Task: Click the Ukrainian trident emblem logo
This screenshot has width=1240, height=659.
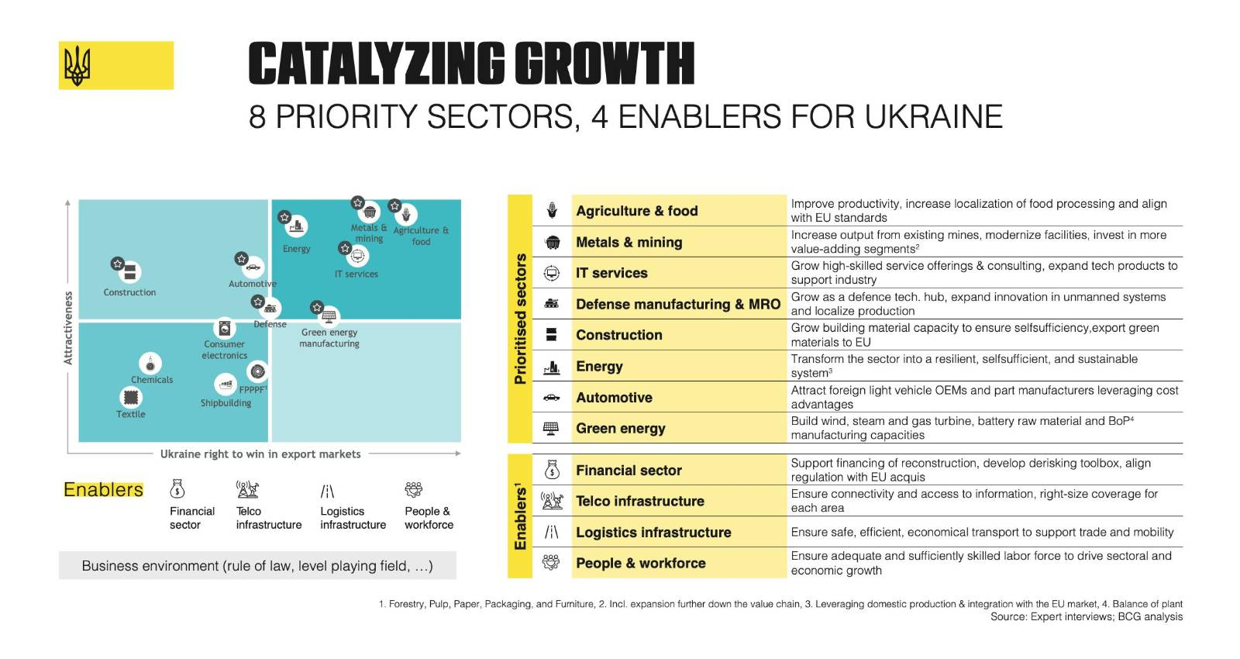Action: point(77,65)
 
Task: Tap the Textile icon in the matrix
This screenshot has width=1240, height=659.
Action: point(131,397)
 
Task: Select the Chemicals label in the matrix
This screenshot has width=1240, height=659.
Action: point(152,380)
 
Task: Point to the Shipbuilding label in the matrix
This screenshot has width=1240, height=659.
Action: point(226,403)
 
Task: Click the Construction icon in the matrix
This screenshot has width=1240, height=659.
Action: point(129,271)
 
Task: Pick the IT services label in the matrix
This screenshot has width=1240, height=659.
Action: point(356,274)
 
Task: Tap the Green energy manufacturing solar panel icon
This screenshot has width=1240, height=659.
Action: point(329,316)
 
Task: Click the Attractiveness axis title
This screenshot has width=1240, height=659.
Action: point(68,328)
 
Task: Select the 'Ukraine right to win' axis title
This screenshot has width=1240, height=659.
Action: point(260,454)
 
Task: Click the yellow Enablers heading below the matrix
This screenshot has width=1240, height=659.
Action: point(103,490)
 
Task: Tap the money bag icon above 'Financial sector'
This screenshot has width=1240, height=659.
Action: point(177,489)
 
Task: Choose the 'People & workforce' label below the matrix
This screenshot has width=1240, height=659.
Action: point(429,518)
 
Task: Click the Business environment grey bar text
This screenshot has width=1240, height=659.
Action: point(257,566)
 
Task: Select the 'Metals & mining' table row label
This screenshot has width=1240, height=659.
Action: point(629,242)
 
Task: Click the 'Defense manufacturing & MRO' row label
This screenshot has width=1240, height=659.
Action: point(677,304)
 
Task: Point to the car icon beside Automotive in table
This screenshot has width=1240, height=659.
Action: point(552,398)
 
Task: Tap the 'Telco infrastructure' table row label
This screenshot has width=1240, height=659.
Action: point(639,501)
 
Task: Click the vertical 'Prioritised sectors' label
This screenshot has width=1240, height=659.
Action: point(520,319)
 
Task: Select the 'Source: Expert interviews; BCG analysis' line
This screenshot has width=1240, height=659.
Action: point(1086,617)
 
